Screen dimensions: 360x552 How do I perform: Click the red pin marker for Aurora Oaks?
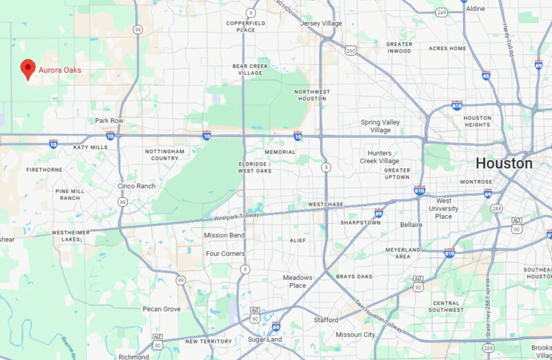point(27,68)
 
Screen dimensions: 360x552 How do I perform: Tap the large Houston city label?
point(504,163)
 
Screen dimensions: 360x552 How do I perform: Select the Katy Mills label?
point(90,147)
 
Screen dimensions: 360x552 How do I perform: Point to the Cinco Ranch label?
point(136,186)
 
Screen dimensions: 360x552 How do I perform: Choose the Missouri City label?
point(355,334)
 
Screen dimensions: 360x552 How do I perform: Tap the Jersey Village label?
point(322,23)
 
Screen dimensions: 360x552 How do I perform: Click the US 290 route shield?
point(351,50)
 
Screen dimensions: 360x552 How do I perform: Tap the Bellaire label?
point(412,225)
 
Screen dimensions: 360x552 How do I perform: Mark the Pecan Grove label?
point(161,309)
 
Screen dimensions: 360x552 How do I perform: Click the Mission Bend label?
point(224,235)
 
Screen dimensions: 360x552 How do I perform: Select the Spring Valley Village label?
point(380,126)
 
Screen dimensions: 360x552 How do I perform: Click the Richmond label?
point(133,357)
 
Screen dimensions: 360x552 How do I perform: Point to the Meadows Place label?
point(297,281)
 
